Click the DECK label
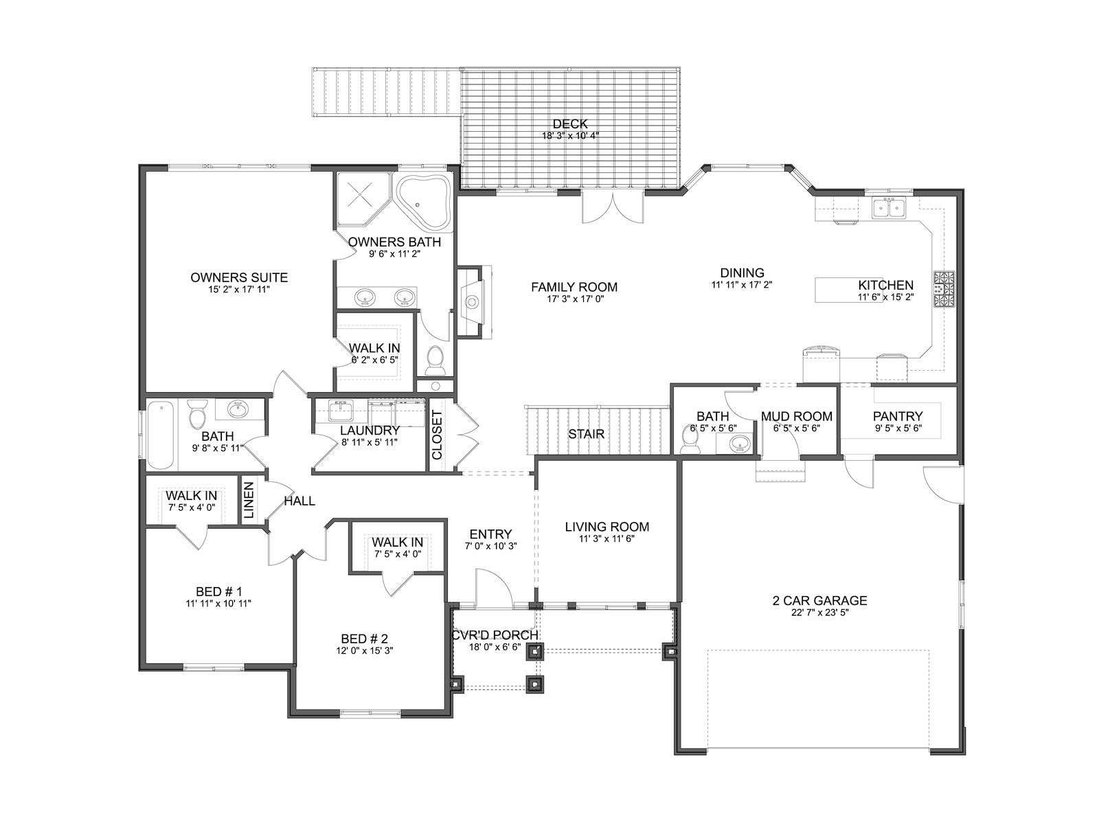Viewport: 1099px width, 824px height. (x=570, y=124)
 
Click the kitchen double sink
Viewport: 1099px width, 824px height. (x=888, y=207)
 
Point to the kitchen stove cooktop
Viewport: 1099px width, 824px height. (x=944, y=288)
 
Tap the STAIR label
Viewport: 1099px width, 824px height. (x=586, y=434)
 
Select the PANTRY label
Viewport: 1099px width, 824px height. (x=898, y=416)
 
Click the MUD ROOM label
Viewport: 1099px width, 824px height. (x=797, y=416)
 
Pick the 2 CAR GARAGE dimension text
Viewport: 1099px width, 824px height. (x=820, y=613)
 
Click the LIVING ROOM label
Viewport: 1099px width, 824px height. (x=607, y=527)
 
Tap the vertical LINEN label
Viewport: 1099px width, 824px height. (x=249, y=500)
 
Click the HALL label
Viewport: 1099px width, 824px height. (x=299, y=501)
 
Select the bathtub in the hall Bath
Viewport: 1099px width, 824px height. (x=161, y=435)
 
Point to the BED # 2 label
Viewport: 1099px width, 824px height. (x=365, y=639)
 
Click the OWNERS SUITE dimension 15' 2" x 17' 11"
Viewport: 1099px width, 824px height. (x=239, y=289)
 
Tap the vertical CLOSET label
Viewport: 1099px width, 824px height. (x=437, y=435)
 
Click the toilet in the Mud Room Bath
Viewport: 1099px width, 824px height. (x=691, y=439)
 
